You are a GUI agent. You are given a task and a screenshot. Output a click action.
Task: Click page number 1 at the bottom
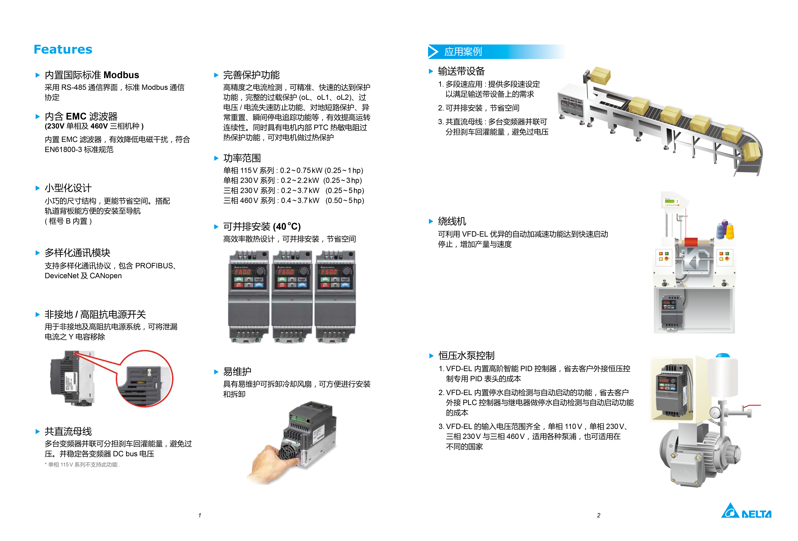(199, 515)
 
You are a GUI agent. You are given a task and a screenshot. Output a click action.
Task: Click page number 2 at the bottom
(598, 515)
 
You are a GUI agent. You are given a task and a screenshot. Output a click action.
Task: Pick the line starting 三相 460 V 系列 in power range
(294, 201)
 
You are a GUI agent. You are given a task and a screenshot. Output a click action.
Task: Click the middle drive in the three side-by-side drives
(292, 297)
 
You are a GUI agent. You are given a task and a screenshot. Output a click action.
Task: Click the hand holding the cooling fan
(271, 463)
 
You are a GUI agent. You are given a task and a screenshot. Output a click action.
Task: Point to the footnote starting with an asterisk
(82, 465)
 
